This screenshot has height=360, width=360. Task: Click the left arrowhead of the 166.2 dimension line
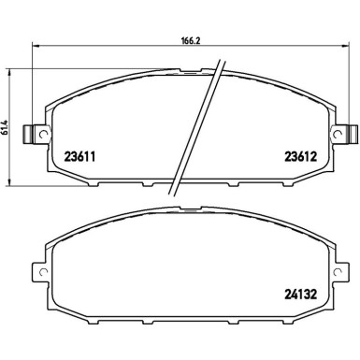(x=35, y=47)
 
